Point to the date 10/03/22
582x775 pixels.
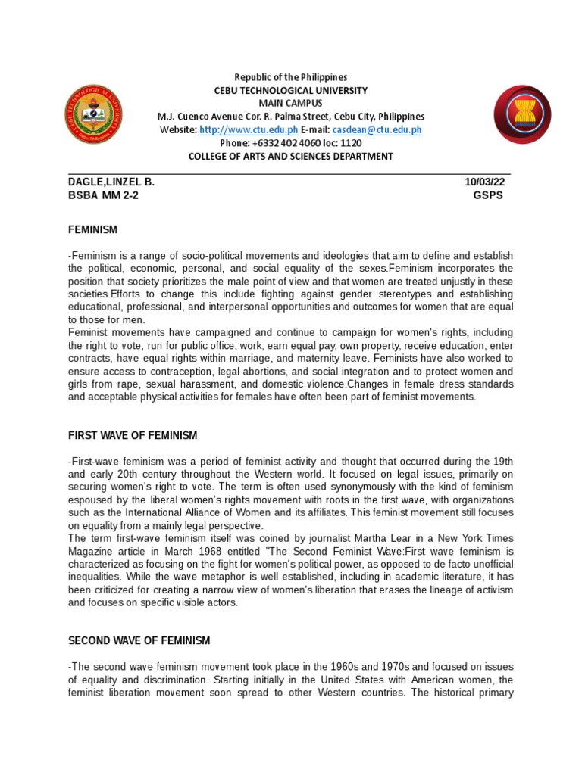(x=487, y=182)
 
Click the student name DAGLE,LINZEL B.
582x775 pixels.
(x=111, y=182)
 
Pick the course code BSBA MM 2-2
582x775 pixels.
(x=103, y=195)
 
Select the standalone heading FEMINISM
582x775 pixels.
(x=92, y=229)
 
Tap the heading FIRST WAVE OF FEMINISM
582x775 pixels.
(x=132, y=435)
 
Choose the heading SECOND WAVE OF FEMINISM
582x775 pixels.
(x=139, y=640)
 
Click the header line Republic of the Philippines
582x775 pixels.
(x=290, y=77)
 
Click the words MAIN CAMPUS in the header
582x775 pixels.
(x=290, y=103)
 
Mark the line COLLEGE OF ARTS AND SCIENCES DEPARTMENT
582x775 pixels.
(x=290, y=156)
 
